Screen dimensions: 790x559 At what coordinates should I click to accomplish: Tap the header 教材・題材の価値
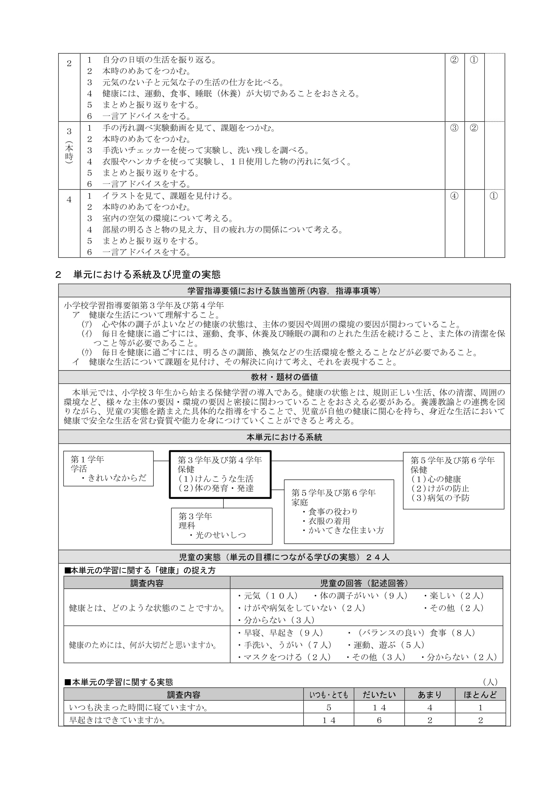click(284, 377)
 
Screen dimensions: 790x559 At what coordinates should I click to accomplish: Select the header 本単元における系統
click(284, 437)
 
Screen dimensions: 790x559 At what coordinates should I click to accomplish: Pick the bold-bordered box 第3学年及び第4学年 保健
click(220, 474)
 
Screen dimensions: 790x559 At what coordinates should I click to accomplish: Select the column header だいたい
click(379, 695)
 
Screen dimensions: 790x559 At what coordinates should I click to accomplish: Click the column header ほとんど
click(480, 695)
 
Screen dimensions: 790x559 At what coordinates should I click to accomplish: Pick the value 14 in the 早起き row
click(329, 720)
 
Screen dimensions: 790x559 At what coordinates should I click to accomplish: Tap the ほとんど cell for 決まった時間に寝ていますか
click(480, 708)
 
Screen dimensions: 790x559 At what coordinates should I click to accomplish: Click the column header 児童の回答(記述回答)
click(366, 583)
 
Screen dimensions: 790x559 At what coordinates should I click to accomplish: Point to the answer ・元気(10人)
click(268, 595)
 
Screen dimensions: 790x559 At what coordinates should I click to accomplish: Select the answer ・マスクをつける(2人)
click(284, 657)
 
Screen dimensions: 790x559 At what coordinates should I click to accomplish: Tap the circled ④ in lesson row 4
click(454, 196)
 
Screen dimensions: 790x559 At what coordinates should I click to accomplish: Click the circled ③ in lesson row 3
click(454, 128)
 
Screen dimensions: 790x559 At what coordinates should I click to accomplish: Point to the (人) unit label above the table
click(490, 682)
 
